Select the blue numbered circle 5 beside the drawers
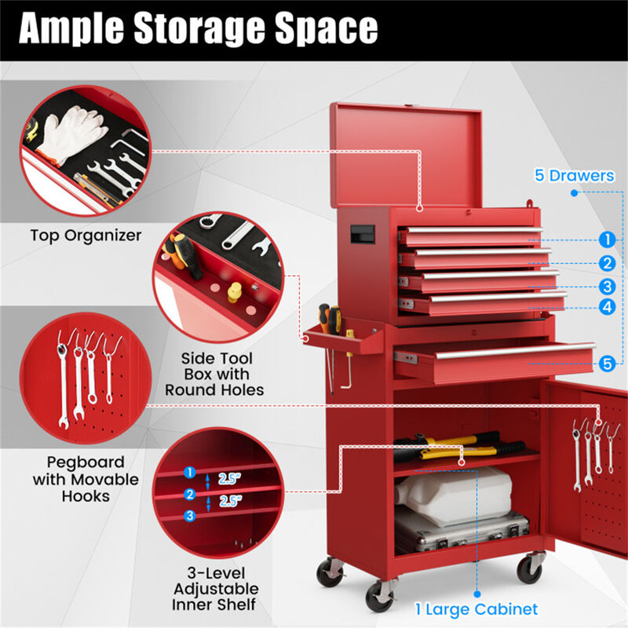pos(606,363)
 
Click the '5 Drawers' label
pos(575,176)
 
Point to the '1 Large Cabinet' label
pos(476,608)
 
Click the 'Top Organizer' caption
pos(86,235)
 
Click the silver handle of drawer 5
pos(514,352)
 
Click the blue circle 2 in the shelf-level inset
pos(189,494)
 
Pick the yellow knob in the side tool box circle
pos(233,291)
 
